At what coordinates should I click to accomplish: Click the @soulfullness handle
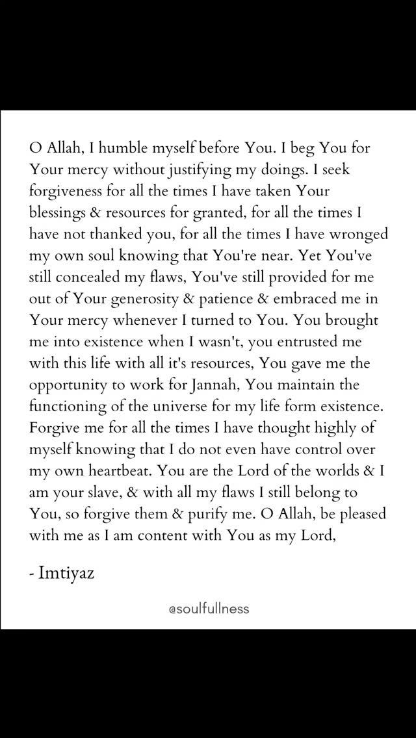pyautogui.click(x=208, y=609)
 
